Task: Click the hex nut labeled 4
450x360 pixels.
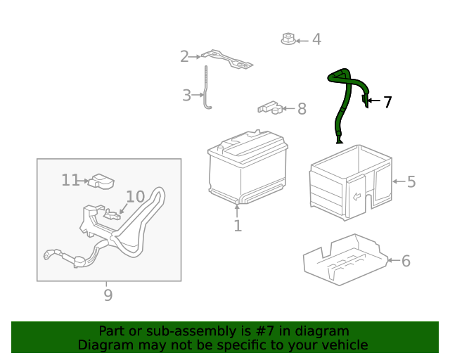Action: tap(288, 39)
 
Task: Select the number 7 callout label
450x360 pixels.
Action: tap(387, 102)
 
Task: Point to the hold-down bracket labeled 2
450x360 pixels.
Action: tap(226, 60)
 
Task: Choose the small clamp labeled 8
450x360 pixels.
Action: tap(270, 108)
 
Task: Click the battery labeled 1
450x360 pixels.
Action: tap(247, 167)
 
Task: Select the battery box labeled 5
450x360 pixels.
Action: tap(351, 183)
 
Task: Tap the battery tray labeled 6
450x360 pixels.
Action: tap(345, 260)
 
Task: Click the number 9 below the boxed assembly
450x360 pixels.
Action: tap(108, 295)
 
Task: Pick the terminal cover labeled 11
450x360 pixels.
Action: tap(101, 181)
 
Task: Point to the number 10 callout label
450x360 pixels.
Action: tap(136, 197)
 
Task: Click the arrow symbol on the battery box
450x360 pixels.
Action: tap(356, 197)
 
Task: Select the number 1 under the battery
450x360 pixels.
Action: tap(238, 226)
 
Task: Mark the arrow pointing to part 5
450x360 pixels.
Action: tap(399, 181)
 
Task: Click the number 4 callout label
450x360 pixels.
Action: tap(316, 39)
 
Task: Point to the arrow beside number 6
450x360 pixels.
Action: tap(394, 260)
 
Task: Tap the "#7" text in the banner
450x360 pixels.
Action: tap(264, 331)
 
